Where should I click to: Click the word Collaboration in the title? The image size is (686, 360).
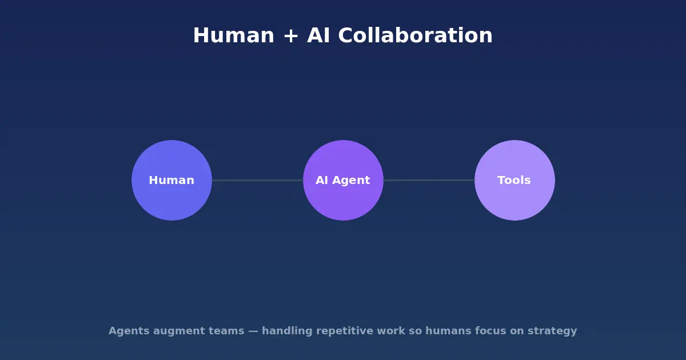415,36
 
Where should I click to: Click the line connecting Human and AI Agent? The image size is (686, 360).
257,181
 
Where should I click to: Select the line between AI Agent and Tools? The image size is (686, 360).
429,181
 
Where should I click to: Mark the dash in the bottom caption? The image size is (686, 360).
253,331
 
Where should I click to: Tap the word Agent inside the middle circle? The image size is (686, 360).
350,181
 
